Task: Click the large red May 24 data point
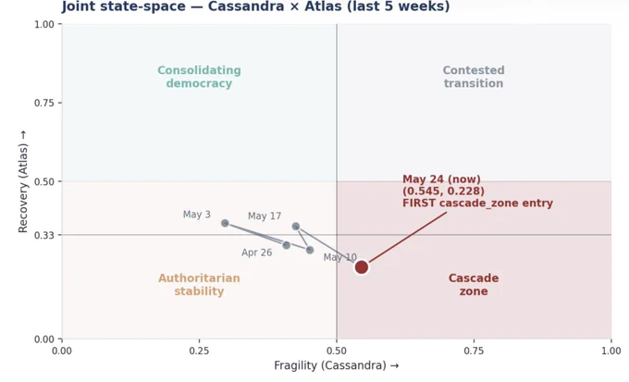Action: pos(362,266)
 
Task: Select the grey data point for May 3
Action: pos(225,223)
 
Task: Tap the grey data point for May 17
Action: pos(296,227)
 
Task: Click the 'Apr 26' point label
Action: pos(257,253)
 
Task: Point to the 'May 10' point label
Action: pos(340,257)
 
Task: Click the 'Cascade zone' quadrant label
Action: pos(474,285)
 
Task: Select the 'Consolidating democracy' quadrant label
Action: pos(199,77)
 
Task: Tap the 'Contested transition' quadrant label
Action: pos(474,77)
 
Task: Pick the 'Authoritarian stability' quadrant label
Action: pos(199,285)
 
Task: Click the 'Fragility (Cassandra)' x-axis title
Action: pos(336,365)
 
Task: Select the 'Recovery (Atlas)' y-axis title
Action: pos(23,181)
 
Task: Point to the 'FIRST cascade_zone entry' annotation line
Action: pos(408,238)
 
